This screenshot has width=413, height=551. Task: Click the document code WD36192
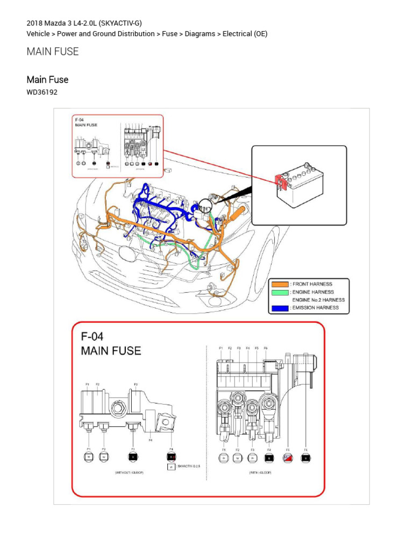(42, 92)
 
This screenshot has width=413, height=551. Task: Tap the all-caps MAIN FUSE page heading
(53, 52)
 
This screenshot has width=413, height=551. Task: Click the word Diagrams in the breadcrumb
(200, 34)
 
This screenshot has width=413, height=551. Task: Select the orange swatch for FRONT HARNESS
(280, 284)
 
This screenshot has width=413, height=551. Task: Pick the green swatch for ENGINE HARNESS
(280, 292)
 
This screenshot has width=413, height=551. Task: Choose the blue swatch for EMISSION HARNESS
(280, 308)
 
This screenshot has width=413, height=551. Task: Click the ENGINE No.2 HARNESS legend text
(318, 300)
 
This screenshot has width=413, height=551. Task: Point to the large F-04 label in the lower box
(92, 337)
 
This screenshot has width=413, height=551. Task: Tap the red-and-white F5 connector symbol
(288, 458)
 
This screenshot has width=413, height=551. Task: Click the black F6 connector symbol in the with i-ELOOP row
(305, 458)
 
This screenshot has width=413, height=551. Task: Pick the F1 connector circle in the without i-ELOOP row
(89, 457)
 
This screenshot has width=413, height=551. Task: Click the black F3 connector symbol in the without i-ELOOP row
(133, 457)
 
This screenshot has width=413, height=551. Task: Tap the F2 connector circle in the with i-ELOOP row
(238, 458)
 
